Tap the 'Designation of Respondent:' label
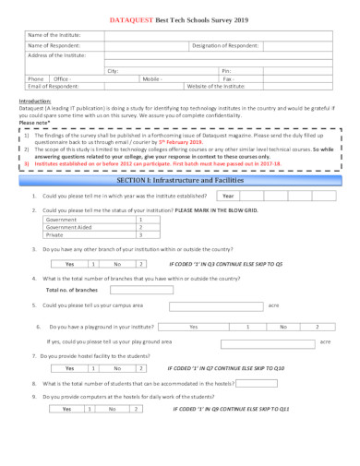(x=225, y=45)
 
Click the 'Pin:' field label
(x=226, y=70)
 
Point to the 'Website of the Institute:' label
(x=216, y=86)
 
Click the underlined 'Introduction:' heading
(x=35, y=101)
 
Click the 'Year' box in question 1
(x=228, y=197)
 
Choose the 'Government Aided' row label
(x=69, y=227)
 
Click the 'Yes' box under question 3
(x=69, y=264)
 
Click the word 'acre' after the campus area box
(x=273, y=305)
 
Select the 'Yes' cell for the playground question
(x=193, y=327)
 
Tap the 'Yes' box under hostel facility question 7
(x=69, y=368)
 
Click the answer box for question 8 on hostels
(x=257, y=383)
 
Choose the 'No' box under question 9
(x=112, y=409)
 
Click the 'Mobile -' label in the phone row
(x=152, y=78)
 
